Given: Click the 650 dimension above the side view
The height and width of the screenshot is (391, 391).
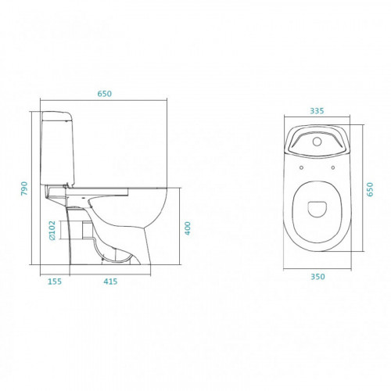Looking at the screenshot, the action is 105,94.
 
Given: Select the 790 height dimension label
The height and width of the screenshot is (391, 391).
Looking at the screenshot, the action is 24,188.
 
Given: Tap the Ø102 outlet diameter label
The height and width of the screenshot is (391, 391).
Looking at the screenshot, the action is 52,231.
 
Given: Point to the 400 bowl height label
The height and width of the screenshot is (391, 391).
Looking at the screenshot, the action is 188,228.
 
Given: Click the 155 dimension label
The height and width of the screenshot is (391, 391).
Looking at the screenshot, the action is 55,282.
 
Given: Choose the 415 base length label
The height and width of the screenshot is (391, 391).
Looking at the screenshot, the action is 110,282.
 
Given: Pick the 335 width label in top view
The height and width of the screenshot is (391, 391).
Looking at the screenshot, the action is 317,111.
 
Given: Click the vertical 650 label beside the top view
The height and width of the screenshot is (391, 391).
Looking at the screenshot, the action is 370,189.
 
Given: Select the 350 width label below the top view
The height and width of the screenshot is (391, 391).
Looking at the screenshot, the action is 317,277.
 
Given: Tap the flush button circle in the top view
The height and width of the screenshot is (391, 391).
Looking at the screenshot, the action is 317,142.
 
